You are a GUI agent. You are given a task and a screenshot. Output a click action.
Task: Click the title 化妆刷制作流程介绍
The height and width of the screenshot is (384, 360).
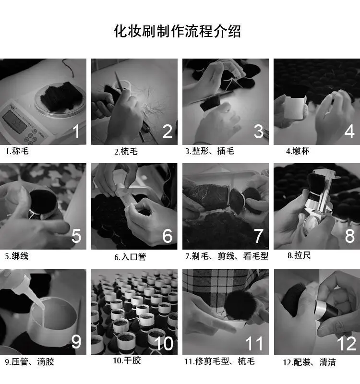coord(177,31)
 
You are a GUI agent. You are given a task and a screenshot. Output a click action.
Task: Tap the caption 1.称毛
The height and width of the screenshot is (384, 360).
coord(17,151)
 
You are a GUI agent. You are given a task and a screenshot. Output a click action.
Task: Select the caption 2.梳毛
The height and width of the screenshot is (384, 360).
coord(126,152)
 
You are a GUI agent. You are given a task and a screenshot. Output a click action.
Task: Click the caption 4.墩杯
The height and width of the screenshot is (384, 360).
coord(298,151)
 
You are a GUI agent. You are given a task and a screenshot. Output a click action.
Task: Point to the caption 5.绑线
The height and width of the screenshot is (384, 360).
coord(17,256)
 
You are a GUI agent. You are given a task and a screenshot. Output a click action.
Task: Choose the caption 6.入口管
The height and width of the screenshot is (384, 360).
coord(130,257)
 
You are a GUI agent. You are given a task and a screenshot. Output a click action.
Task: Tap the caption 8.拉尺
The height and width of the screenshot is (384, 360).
coord(299,255)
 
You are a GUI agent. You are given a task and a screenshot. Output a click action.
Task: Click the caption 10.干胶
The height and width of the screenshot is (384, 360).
coord(127,360)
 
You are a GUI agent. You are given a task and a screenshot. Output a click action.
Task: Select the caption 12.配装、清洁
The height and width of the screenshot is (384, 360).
coord(309,362)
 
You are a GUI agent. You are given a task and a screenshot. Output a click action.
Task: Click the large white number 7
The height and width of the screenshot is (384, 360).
coord(259,236)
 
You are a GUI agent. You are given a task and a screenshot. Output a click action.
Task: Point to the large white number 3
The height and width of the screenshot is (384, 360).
coord(259,132)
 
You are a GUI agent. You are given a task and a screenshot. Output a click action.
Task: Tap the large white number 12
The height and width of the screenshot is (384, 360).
coord(347,344)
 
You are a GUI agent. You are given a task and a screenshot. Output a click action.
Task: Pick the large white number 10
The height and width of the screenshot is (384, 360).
coord(164,343)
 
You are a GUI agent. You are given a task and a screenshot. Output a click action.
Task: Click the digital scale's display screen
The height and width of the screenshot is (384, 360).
coord(15,122)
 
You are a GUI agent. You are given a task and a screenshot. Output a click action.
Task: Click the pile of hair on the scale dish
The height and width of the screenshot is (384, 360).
coord(61,96)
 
